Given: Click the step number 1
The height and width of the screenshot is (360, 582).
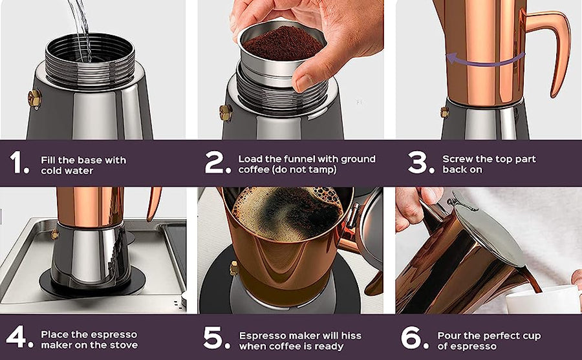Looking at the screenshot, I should (x=19, y=164).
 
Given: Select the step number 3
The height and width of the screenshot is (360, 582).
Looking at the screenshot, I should (x=418, y=164).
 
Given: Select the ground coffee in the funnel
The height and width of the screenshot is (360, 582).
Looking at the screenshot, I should (x=282, y=43).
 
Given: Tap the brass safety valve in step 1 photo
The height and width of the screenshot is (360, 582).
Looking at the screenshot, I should (x=34, y=98).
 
